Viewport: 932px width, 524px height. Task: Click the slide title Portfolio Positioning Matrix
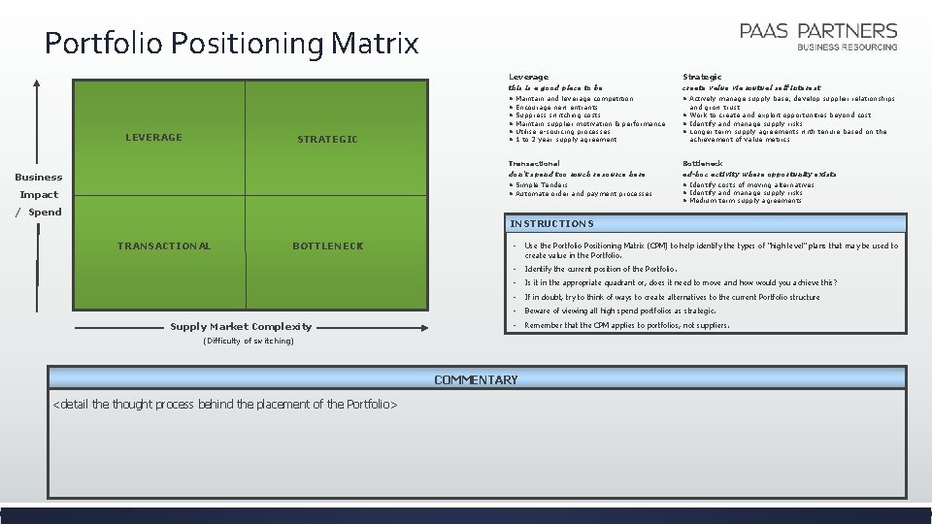click(x=231, y=44)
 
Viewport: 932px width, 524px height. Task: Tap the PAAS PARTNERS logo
click(x=818, y=36)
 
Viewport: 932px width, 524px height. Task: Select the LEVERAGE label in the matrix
click(x=153, y=138)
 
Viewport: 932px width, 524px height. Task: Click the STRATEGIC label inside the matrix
click(x=327, y=140)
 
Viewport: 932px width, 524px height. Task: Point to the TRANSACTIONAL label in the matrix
click(x=163, y=246)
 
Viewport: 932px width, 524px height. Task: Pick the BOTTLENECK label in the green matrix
click(x=327, y=246)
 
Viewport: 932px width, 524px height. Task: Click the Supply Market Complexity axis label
click(x=241, y=327)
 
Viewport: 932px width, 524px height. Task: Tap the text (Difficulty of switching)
click(x=248, y=341)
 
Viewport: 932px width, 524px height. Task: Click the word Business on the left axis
click(x=38, y=177)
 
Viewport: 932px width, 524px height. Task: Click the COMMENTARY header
click(x=476, y=379)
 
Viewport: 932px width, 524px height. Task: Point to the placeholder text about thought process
click(x=224, y=404)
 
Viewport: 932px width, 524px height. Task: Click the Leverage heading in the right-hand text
click(x=528, y=77)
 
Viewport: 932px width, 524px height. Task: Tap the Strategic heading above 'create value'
click(x=702, y=77)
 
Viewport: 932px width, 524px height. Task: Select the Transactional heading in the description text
click(x=534, y=163)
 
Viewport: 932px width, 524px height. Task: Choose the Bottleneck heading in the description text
click(x=703, y=163)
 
